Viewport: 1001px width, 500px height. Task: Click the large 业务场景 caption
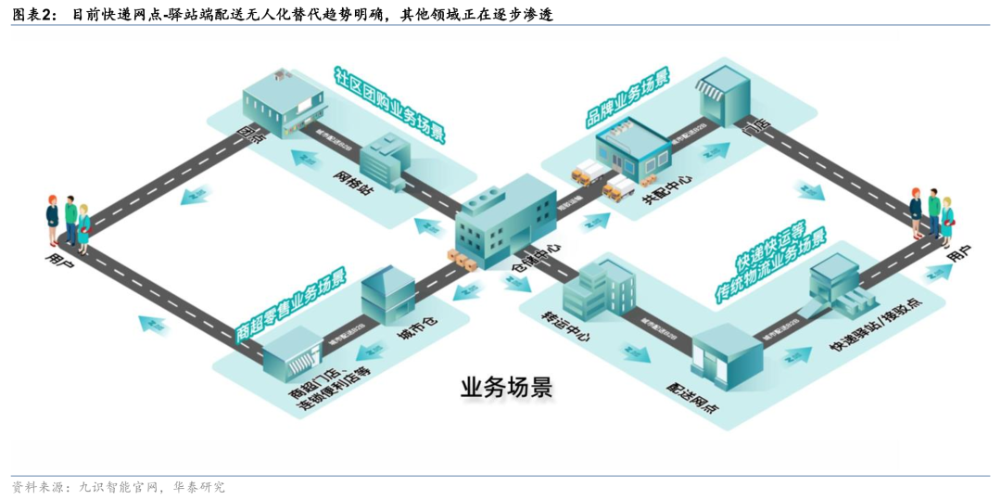[x=506, y=386]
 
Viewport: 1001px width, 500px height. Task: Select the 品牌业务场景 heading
[x=627, y=96]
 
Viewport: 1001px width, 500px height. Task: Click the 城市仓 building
[x=386, y=296]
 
